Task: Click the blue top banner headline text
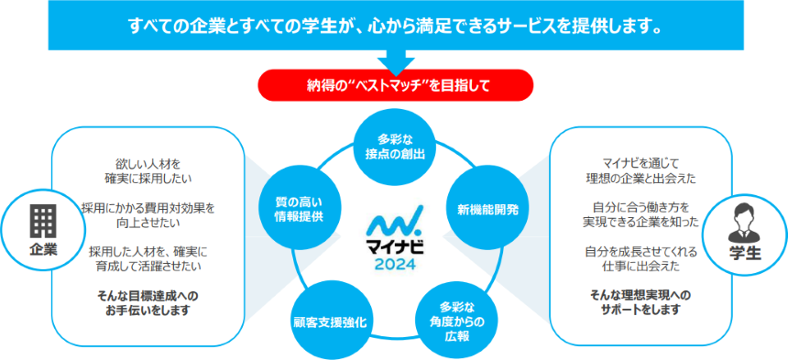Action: [x=395, y=25]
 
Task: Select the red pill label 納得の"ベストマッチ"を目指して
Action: [x=395, y=86]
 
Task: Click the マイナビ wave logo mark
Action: [x=395, y=224]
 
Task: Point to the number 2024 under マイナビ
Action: [x=395, y=265]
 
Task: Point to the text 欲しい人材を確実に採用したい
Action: [x=148, y=169]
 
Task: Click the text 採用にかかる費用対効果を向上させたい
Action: [x=148, y=213]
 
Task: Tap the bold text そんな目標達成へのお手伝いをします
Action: [x=148, y=302]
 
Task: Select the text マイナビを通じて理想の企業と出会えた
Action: [x=640, y=169]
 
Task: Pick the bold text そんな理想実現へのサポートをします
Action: [x=640, y=302]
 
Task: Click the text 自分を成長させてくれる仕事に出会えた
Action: [x=640, y=257]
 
